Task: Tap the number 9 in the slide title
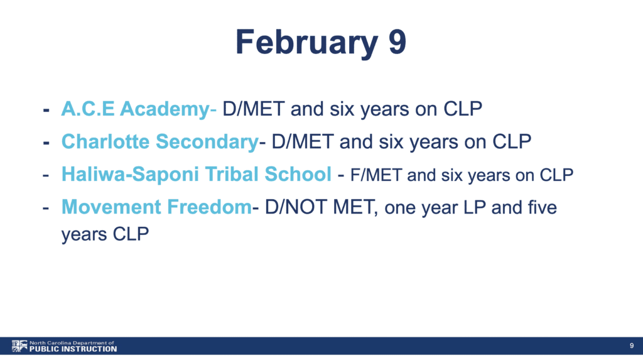pyautogui.click(x=397, y=41)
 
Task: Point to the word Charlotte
pyautogui.click(x=105, y=141)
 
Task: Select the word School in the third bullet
pyautogui.click(x=298, y=174)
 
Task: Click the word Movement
pyautogui.click(x=111, y=207)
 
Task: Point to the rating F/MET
pyautogui.click(x=376, y=175)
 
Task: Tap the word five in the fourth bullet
pyautogui.click(x=542, y=207)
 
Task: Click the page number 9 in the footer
pyautogui.click(x=632, y=346)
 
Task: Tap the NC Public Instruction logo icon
pyautogui.click(x=19, y=346)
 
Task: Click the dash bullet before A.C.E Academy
pyautogui.click(x=46, y=110)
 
